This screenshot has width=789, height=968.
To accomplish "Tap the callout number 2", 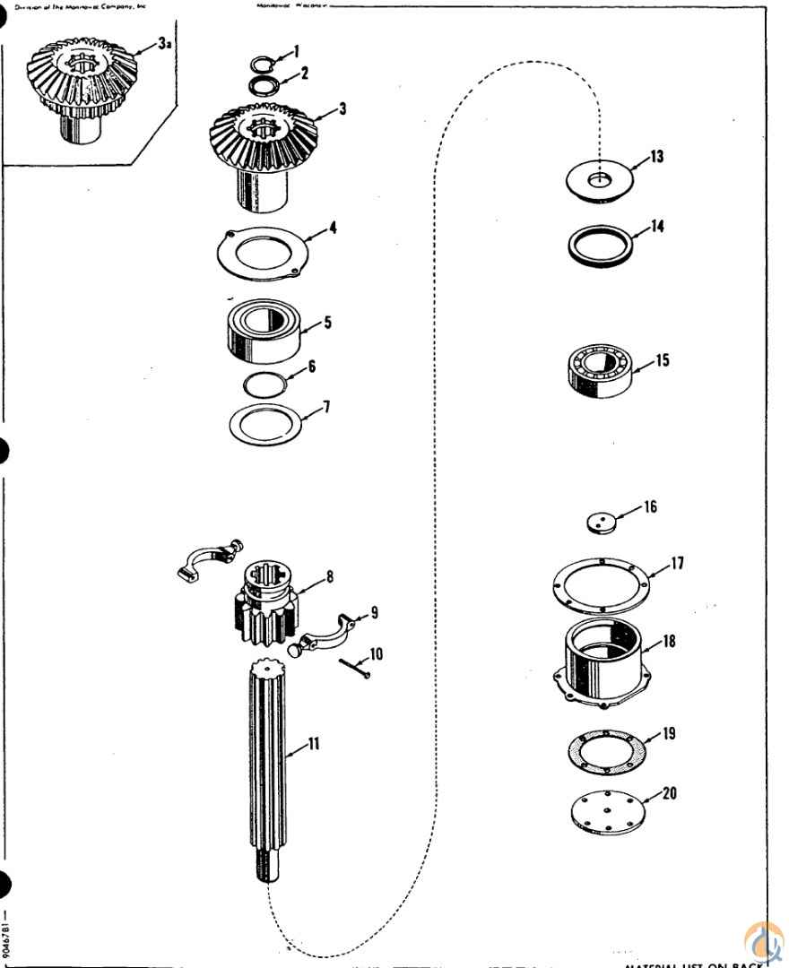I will coord(305,73).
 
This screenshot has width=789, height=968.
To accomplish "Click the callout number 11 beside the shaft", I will coord(314,744).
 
